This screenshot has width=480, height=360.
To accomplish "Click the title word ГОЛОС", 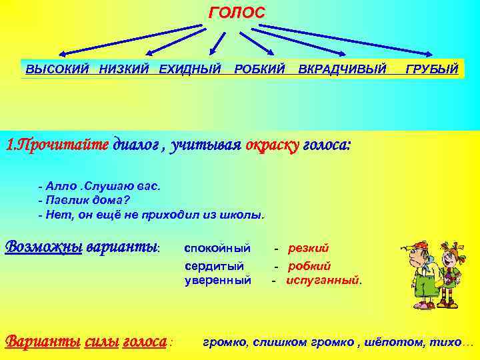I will [x=237, y=13].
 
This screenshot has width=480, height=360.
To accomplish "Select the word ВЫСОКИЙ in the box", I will [x=59, y=69].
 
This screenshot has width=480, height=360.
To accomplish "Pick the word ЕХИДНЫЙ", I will [x=190, y=69].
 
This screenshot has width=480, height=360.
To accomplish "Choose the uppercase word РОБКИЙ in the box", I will [x=260, y=69].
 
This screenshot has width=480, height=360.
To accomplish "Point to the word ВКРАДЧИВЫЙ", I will [x=342, y=69].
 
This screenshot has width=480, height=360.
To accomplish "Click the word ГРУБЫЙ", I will [x=431, y=69].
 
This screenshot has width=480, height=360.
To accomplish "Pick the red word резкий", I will [x=308, y=249].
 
